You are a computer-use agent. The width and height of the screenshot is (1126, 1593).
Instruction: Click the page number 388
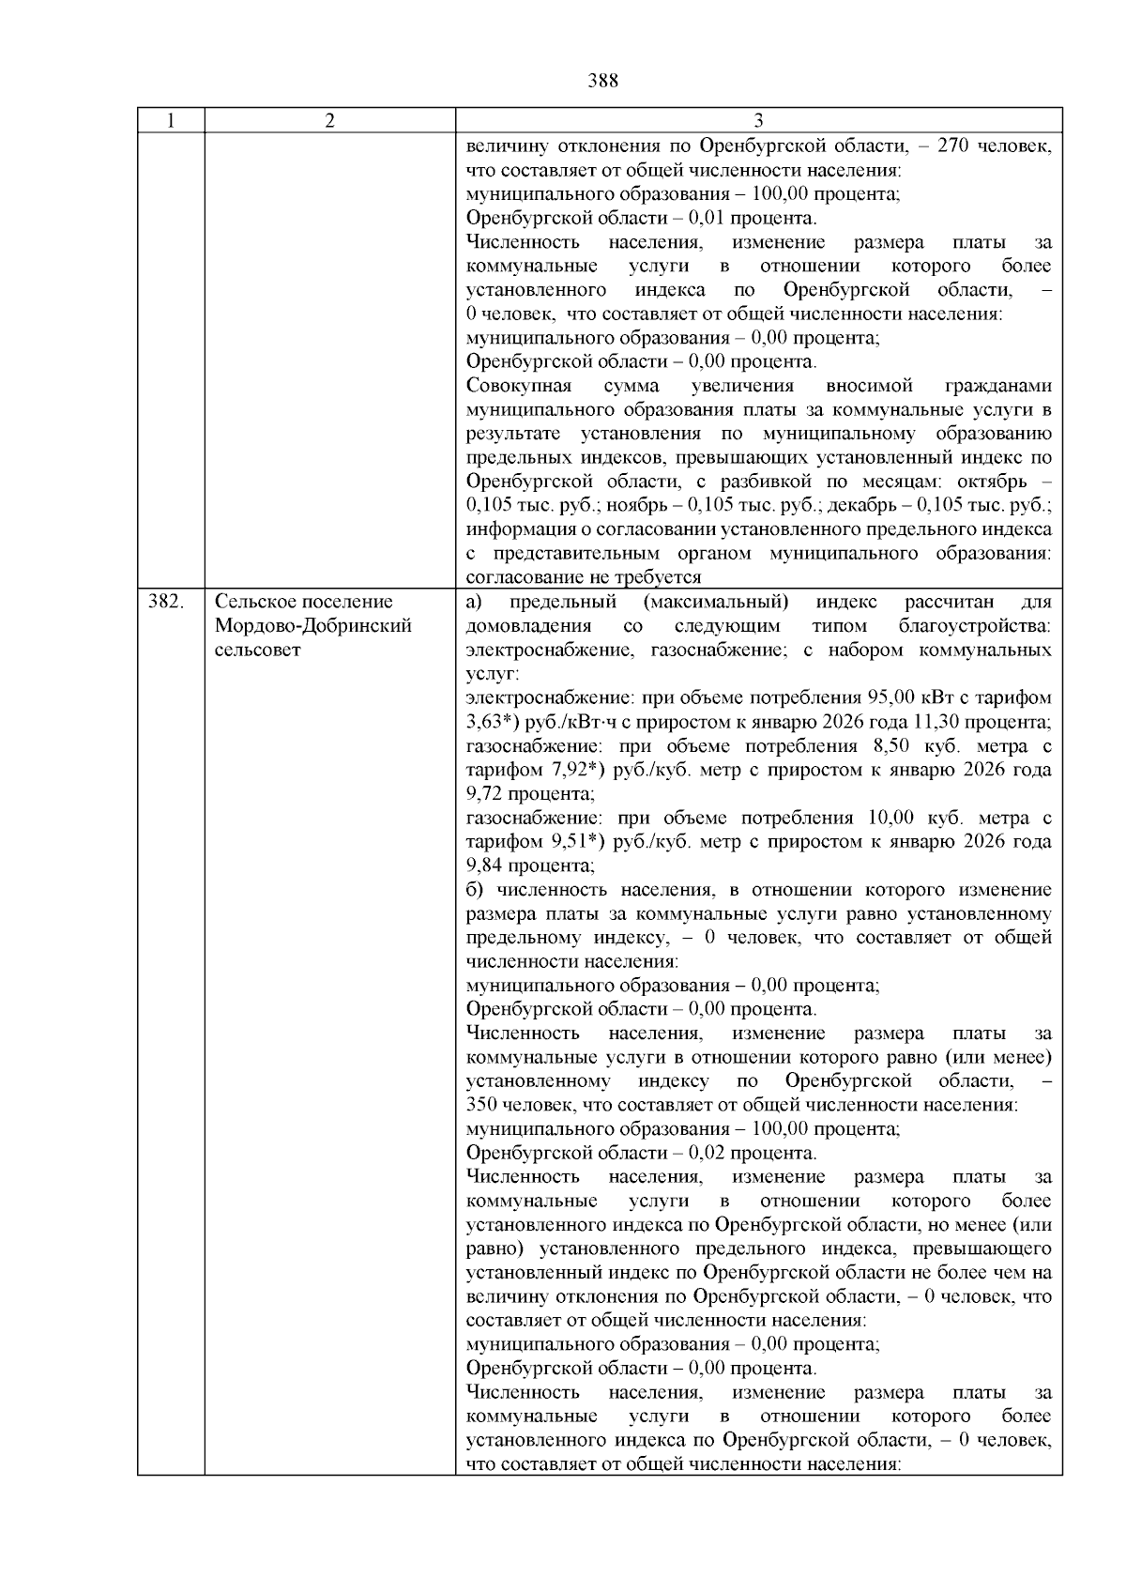click(602, 81)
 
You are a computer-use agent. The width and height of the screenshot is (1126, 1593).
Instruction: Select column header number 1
click(170, 121)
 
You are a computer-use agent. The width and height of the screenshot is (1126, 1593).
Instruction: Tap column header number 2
click(329, 121)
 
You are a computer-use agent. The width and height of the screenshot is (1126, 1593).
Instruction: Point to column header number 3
click(758, 121)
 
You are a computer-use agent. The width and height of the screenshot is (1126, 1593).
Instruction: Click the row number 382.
click(165, 602)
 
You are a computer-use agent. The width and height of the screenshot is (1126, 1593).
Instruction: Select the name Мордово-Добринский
click(312, 626)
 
